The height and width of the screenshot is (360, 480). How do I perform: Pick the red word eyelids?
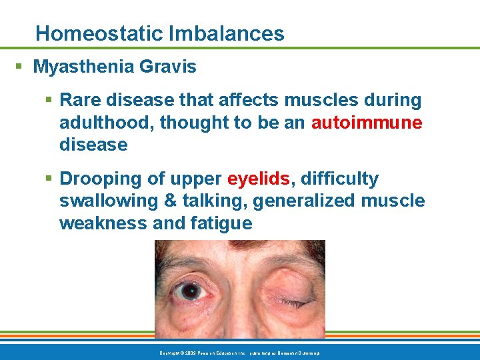click(x=258, y=179)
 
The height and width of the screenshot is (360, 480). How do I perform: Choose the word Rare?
click(x=79, y=101)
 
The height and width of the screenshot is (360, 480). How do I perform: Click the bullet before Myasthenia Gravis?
click(x=21, y=67)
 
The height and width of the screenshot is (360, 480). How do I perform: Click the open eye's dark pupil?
click(x=191, y=291)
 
